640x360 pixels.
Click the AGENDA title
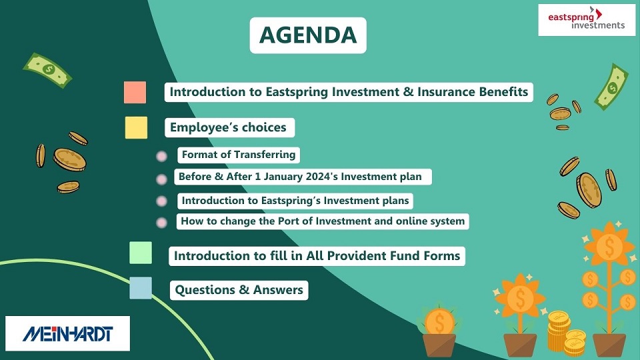pos(308,35)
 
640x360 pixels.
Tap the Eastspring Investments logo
pos(587,19)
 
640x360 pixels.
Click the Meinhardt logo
pos(68,333)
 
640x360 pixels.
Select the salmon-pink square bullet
pos(135,92)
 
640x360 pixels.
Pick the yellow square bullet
pos(136,127)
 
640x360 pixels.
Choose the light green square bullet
pos(141,253)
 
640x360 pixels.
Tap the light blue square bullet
pos(141,288)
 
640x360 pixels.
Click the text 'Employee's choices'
pos(228,127)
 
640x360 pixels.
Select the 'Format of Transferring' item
pos(239,155)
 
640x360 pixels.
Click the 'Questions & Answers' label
pos(239,290)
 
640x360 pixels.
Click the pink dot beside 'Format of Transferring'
pos(161,156)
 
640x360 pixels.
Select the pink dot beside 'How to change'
pos(161,223)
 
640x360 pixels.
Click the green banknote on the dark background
pos(47,70)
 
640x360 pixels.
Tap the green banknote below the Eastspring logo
pos(611,87)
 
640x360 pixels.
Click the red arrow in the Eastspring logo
pos(599,14)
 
